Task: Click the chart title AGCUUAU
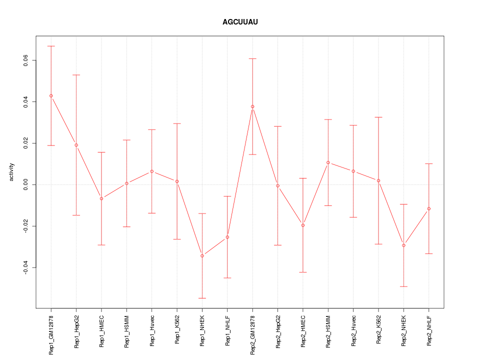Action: coord(240,22)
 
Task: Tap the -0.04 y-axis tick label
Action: coord(26,268)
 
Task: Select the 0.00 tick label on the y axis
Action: coord(26,185)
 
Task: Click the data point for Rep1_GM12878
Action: coord(51,95)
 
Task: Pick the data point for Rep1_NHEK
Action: coord(202,256)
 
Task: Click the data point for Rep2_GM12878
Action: coord(252,106)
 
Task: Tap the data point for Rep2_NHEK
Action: coord(403,245)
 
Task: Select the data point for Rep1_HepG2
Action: coord(76,145)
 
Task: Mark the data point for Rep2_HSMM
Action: coord(328,162)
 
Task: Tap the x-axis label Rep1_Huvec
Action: coord(152,333)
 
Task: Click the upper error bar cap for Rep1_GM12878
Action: coord(51,46)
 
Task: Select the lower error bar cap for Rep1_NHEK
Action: coord(202,298)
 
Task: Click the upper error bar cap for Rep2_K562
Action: coord(378,117)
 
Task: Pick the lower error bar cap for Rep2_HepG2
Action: coord(277,245)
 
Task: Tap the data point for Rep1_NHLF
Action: coord(227,237)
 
